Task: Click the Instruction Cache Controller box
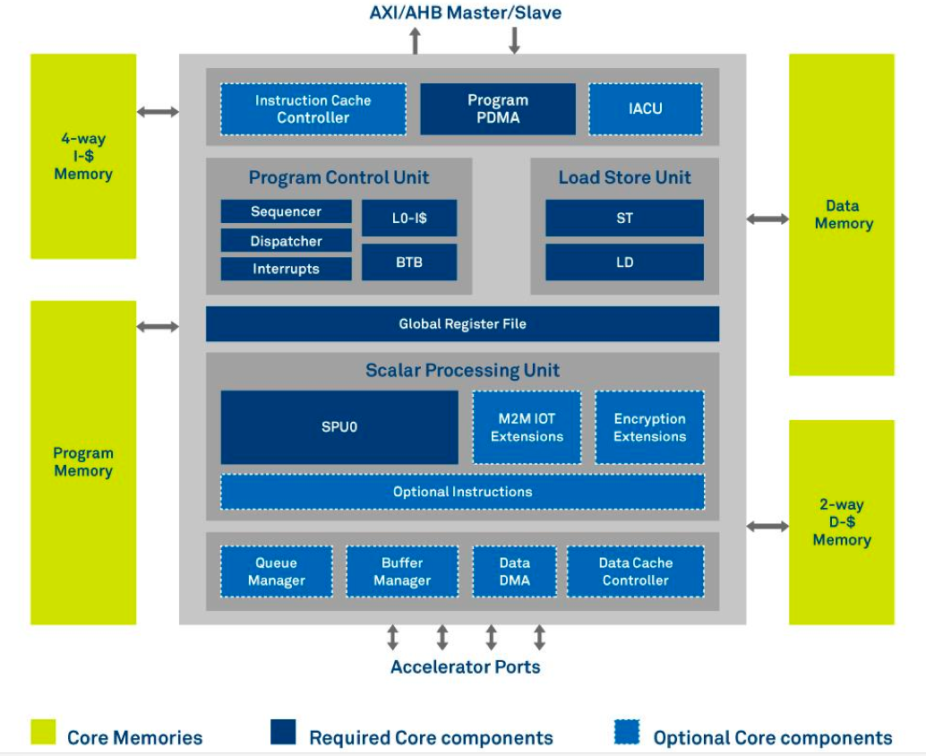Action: pyautogui.click(x=313, y=109)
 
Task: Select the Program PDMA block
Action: pyautogui.click(x=498, y=108)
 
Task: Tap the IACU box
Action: pyautogui.click(x=646, y=109)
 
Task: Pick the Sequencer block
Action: pyautogui.click(x=286, y=211)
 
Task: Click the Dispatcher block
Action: pyautogui.click(x=286, y=240)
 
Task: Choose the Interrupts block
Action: pyautogui.click(x=286, y=269)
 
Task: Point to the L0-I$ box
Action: pyautogui.click(x=409, y=218)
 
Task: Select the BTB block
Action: pyautogui.click(x=409, y=262)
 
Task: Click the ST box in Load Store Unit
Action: pyautogui.click(x=625, y=218)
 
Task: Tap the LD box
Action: pyautogui.click(x=625, y=262)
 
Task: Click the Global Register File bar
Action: pyautogui.click(x=462, y=323)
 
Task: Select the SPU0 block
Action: pyautogui.click(x=339, y=427)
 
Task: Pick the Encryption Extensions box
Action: pyautogui.click(x=649, y=427)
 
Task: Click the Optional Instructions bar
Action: pyautogui.click(x=462, y=492)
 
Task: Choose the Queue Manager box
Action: pyautogui.click(x=277, y=571)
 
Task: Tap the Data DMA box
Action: pyautogui.click(x=514, y=571)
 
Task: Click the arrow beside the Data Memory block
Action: pyautogui.click(x=767, y=219)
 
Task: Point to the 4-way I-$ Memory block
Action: pyautogui.click(x=83, y=157)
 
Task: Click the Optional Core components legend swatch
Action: pyautogui.click(x=627, y=732)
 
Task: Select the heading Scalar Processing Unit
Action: pyautogui.click(x=462, y=370)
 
